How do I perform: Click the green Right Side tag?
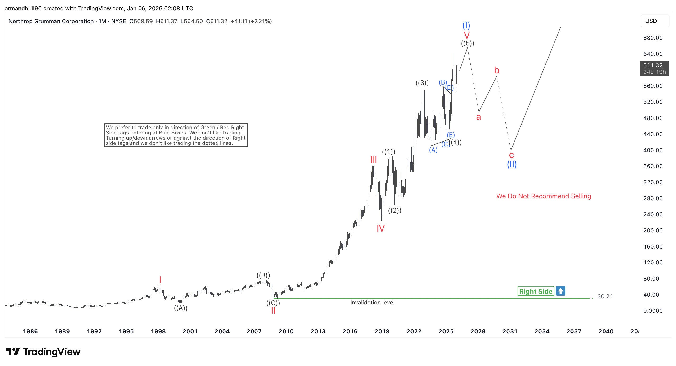pos(535,291)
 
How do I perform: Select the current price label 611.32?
pos(653,65)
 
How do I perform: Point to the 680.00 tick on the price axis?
pos(653,38)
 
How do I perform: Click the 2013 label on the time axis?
pos(318,331)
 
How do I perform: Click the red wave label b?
pos(496,70)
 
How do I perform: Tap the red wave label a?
pos(478,117)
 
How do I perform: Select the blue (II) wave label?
pos(512,164)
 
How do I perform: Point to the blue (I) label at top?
pos(466,25)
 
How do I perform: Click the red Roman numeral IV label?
pos(380,228)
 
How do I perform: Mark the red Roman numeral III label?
pos(374,160)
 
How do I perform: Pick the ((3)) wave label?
pos(422,83)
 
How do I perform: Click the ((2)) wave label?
pos(395,210)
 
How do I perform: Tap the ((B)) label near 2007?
pos(263,275)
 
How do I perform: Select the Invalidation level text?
pos(372,303)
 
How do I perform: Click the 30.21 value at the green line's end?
pos(605,296)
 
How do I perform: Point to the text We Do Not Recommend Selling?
pos(544,196)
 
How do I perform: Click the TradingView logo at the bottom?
pos(43,352)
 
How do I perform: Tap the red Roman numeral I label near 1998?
pos(160,279)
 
